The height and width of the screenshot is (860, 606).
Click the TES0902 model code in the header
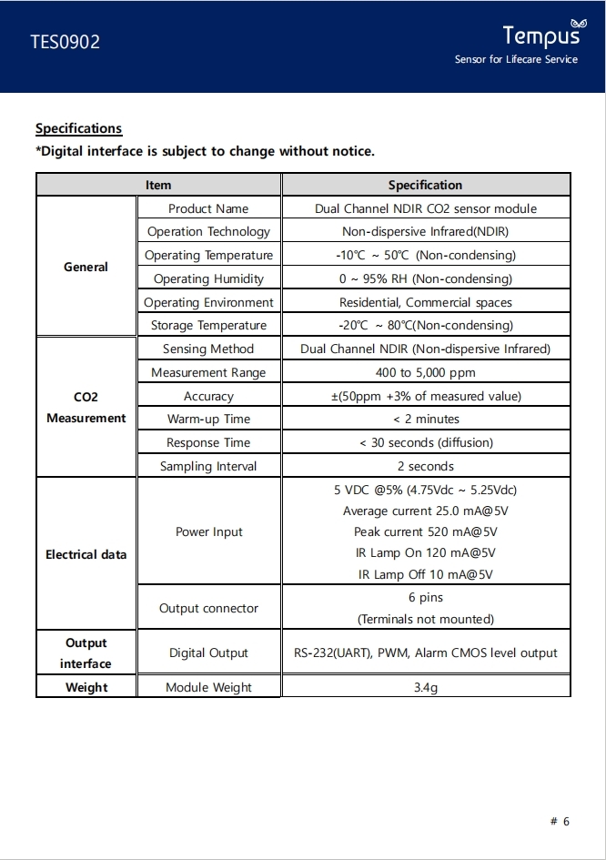tap(66, 42)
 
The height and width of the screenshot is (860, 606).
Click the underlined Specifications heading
tap(78, 128)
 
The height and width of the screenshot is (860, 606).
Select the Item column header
tap(158, 185)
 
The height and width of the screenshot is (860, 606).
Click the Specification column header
tap(425, 185)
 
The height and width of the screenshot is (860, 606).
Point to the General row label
tap(86, 267)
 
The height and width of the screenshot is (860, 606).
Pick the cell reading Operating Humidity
tap(208, 278)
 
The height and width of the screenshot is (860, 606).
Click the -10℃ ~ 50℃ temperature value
tap(426, 255)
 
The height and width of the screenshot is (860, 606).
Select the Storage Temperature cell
tap(208, 325)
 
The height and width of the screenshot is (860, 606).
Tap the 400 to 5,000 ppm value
tap(426, 372)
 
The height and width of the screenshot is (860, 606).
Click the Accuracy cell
tap(208, 396)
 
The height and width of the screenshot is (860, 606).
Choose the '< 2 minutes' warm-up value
tap(426, 419)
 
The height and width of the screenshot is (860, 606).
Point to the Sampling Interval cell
tap(208, 466)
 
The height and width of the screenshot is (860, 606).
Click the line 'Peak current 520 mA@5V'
tap(426, 531)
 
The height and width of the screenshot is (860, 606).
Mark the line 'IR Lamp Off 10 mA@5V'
tap(426, 574)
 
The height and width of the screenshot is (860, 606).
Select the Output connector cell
tap(208, 608)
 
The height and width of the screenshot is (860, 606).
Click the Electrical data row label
tap(86, 554)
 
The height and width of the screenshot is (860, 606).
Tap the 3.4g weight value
tap(426, 687)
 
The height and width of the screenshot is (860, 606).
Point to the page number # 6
tap(560, 821)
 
